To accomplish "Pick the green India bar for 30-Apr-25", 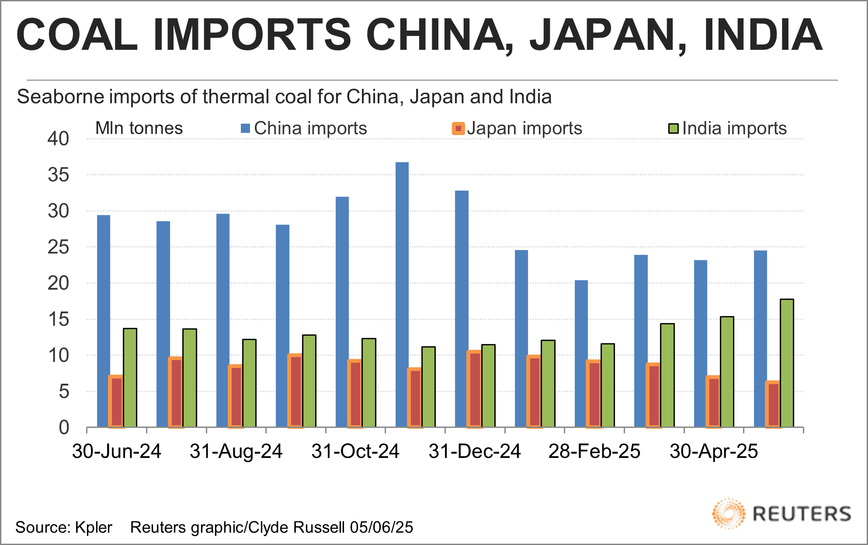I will (727, 371).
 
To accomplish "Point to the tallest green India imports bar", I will (787, 363).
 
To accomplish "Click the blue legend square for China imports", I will (245, 128).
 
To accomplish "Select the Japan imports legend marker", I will (458, 128).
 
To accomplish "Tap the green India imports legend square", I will (674, 128).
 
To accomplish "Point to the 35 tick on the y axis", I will (59, 175).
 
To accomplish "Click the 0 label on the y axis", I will (64, 427).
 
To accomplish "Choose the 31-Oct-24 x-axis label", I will (355, 451).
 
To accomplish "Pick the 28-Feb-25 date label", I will (594, 451).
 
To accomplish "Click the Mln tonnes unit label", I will (139, 128).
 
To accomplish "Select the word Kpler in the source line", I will (94, 528).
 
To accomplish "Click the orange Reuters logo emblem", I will (728, 513).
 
